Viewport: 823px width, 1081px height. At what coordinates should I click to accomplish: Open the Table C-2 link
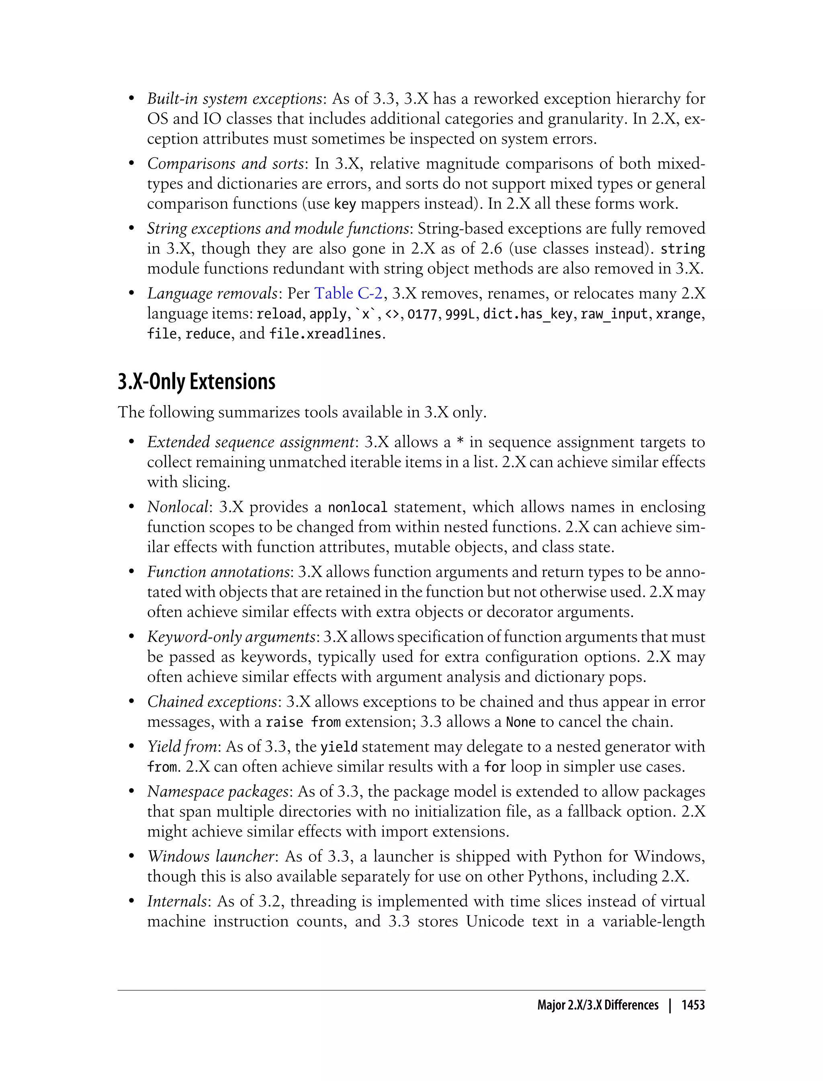[x=348, y=293]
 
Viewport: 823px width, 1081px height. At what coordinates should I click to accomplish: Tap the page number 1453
[x=693, y=1005]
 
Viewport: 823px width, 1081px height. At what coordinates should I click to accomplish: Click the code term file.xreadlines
[x=325, y=334]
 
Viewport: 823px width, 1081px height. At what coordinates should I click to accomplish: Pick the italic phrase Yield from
[x=182, y=747]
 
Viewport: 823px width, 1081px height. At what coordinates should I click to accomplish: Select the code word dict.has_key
[x=527, y=314]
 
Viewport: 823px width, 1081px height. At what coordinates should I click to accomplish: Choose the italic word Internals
[x=177, y=901]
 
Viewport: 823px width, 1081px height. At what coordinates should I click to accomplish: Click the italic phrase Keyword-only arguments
[x=231, y=637]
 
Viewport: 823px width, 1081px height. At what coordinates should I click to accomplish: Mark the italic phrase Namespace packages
[x=217, y=792]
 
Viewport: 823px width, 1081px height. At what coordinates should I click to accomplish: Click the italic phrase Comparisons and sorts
[x=225, y=164]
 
